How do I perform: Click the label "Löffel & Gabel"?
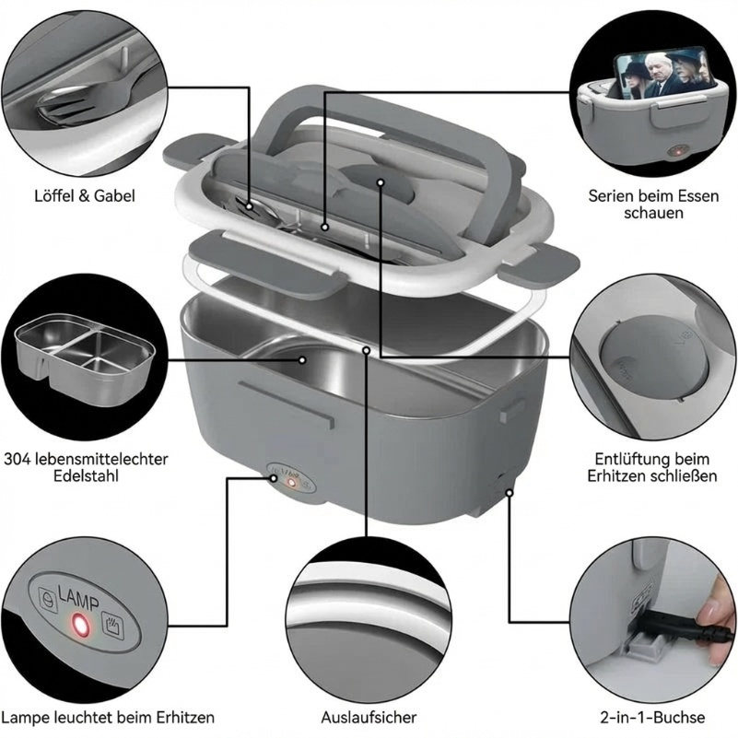[85, 196]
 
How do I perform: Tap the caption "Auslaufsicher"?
[369, 718]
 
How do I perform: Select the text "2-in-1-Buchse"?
[652, 718]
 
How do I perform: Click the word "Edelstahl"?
[86, 475]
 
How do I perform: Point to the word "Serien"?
[611, 196]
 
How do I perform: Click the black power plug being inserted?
[668, 622]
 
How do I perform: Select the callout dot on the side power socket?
[510, 492]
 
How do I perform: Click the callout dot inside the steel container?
[302, 360]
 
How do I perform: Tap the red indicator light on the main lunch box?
[292, 483]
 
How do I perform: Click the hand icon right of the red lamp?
[113, 625]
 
